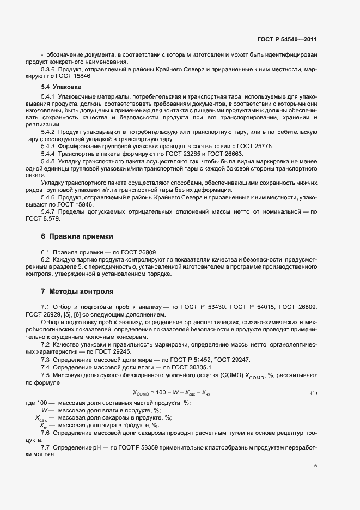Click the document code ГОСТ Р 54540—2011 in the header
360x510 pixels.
(x=286, y=40)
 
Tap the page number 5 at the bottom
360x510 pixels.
(x=315, y=465)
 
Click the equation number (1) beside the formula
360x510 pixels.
(x=314, y=393)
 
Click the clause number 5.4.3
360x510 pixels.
(x=48, y=147)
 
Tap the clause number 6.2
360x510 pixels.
(x=46, y=260)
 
